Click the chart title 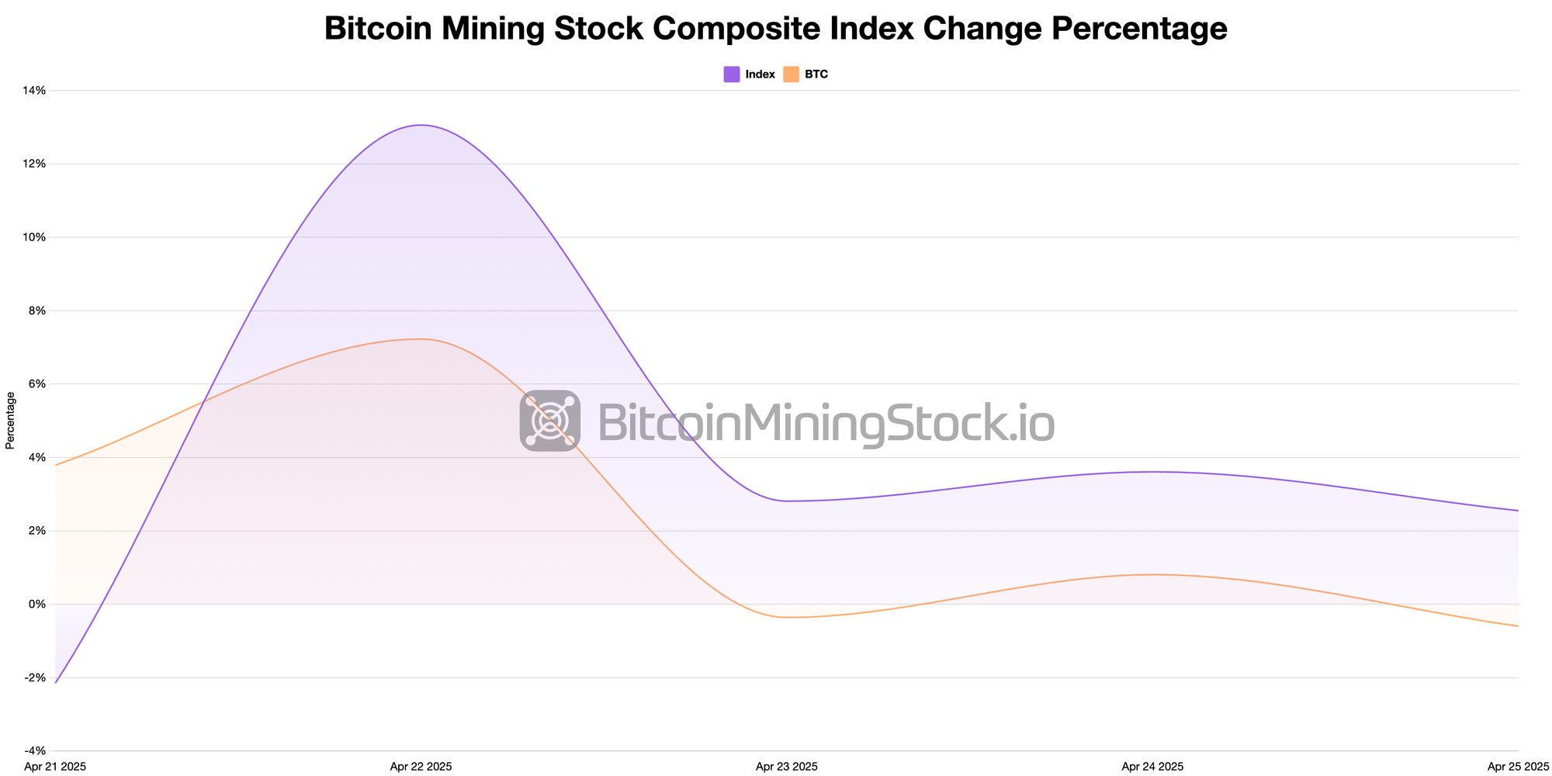click(x=775, y=29)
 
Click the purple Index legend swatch click(x=731, y=74)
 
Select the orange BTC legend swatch click(x=791, y=74)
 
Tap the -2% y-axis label click(x=36, y=677)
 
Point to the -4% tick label click(x=36, y=751)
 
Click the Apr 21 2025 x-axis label click(x=56, y=767)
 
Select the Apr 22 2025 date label click(x=421, y=767)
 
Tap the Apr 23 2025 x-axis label click(x=787, y=767)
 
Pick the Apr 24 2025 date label click(x=1152, y=767)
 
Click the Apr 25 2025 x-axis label click(x=1518, y=767)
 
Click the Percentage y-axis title click(x=10, y=421)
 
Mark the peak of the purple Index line click(x=421, y=125)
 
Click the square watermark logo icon click(x=550, y=421)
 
